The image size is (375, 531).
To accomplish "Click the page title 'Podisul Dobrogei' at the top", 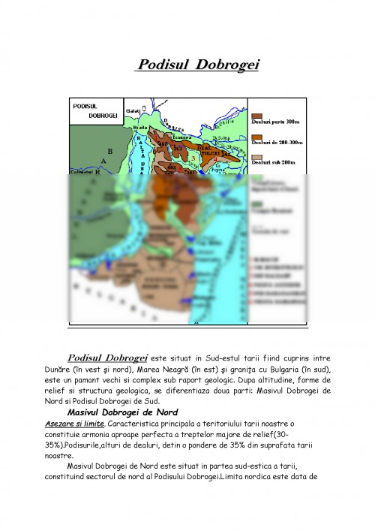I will click(196, 66).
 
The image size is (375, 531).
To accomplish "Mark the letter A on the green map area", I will click(103, 161).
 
